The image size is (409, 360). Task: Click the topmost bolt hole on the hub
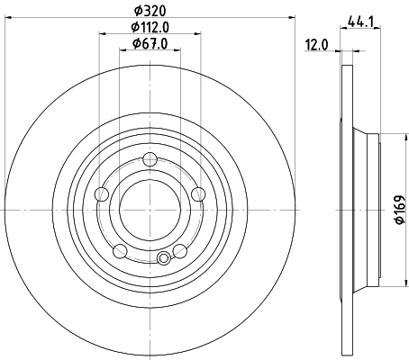(x=150, y=161)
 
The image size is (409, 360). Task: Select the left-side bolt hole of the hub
(x=102, y=195)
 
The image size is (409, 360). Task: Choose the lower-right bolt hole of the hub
(x=179, y=250)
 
